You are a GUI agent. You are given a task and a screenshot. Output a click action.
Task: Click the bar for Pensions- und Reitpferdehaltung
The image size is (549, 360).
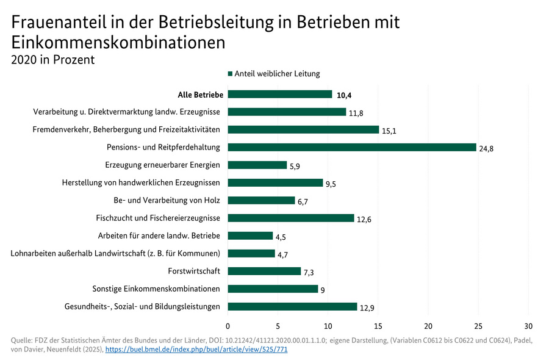tap(351, 147)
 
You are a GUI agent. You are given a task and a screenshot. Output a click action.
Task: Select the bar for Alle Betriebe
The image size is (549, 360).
tap(280, 94)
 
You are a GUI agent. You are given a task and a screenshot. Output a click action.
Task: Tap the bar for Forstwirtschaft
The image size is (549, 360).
tap(264, 271)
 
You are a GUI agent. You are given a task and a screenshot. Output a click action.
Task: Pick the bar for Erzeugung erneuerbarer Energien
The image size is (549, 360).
tap(257, 165)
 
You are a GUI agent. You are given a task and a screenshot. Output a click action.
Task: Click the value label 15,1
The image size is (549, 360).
tap(389, 131)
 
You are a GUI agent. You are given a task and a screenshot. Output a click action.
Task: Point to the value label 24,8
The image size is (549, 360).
tap(487, 148)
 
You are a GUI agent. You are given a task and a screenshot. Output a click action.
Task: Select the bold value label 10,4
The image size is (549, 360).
tap(345, 95)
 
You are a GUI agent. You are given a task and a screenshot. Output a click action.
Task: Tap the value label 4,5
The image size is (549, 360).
tap(282, 237)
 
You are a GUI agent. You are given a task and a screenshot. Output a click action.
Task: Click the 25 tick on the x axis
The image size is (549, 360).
tap(478, 325)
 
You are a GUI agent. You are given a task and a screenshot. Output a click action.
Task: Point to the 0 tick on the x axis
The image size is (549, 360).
tap(228, 325)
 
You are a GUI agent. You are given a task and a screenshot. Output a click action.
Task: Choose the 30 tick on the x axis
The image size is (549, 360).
tap(528, 325)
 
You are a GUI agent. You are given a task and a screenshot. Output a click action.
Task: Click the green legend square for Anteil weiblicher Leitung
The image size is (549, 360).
tap(231, 74)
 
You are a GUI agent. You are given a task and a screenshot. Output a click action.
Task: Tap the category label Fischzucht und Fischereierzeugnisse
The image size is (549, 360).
tap(158, 218)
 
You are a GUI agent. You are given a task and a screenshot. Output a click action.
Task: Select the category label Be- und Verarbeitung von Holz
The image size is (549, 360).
tap(167, 200)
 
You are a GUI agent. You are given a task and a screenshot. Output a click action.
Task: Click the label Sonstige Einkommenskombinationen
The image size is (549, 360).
tap(156, 289)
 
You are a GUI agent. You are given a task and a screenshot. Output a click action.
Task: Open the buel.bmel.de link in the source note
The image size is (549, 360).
tap(196, 350)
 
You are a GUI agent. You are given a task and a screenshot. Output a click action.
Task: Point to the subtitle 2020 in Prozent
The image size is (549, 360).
tap(52, 59)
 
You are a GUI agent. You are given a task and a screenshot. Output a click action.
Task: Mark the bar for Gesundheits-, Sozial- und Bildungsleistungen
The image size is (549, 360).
tap(292, 306)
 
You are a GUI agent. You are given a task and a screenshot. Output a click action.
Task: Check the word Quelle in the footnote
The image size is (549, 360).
tap(23, 340)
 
